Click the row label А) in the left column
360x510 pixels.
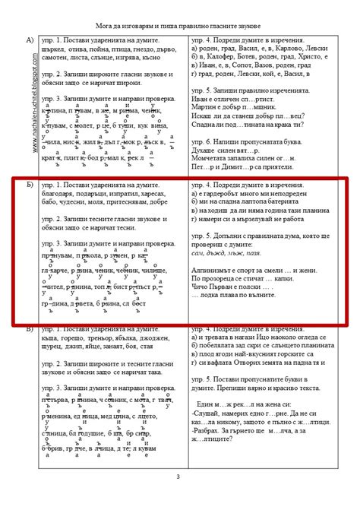[30, 40]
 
